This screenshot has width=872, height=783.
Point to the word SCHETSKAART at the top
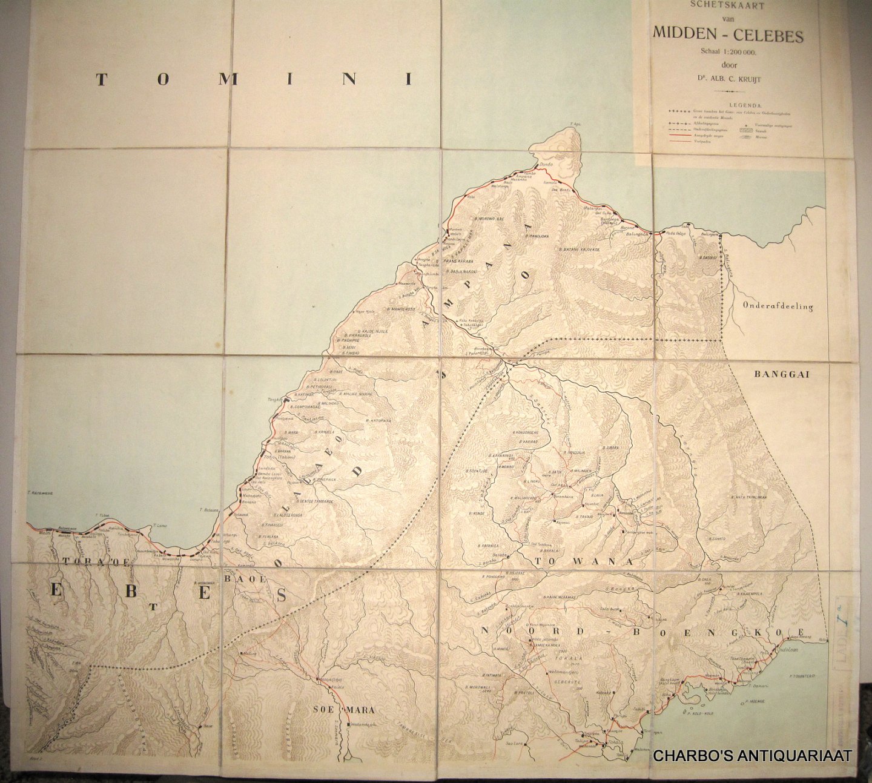tap(727, 5)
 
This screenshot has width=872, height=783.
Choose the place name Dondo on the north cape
tap(546, 165)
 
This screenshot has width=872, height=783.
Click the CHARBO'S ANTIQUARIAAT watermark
tap(752, 756)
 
